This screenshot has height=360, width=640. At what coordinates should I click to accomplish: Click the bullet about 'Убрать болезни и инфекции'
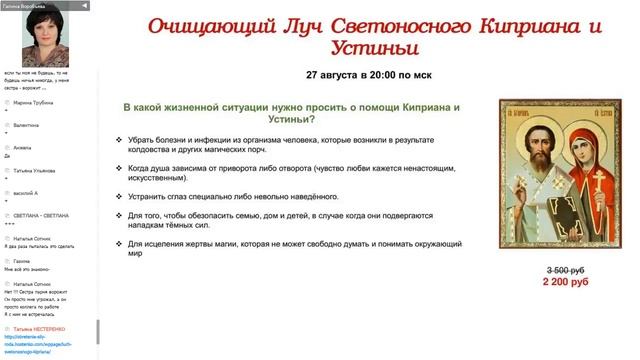(x=290, y=145)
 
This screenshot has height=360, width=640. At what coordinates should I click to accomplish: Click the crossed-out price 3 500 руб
(x=565, y=271)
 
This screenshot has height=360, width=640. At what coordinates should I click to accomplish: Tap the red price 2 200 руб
(x=565, y=283)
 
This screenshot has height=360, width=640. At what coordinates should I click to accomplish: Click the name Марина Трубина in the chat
(x=36, y=102)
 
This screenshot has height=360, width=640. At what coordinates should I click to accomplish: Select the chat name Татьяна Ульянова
(x=39, y=171)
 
